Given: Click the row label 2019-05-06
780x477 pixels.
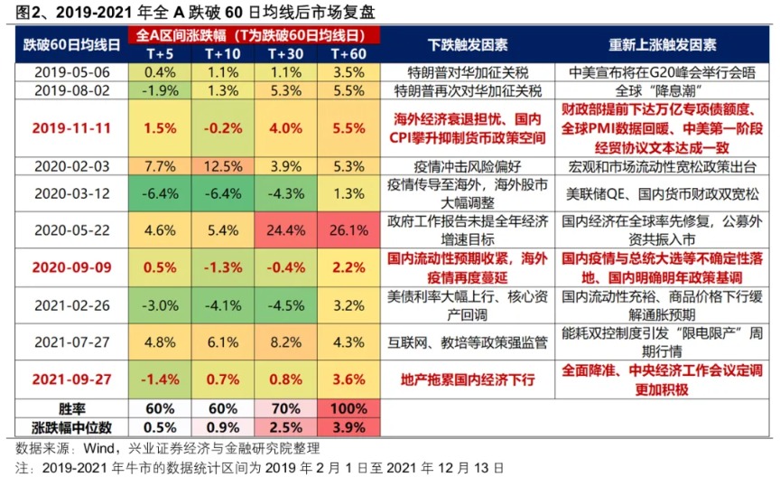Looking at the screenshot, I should [73, 71].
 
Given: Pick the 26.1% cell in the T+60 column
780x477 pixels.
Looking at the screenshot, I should [348, 231].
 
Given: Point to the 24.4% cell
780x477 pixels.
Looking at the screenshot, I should [285, 231].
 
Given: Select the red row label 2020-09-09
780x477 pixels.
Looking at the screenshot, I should [73, 267].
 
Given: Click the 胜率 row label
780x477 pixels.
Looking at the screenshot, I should [73, 409].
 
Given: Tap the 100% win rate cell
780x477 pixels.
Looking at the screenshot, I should [348, 409].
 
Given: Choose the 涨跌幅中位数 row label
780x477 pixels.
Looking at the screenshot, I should [73, 426].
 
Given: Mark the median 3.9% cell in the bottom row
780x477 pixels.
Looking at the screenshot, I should [348, 426].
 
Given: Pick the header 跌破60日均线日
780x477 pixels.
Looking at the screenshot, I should [73, 45].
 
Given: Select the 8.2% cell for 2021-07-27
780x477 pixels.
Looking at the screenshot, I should [285, 342].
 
